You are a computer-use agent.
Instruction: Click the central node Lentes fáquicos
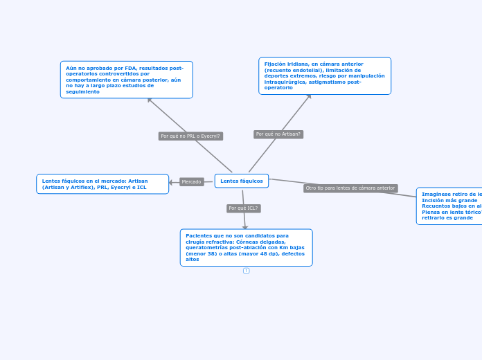(x=242, y=181)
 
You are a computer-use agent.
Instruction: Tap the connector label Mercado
(x=191, y=182)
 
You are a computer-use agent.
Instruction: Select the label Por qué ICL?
(x=243, y=208)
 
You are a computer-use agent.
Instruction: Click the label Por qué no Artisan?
(x=278, y=134)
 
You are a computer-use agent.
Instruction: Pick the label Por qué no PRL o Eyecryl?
(x=190, y=136)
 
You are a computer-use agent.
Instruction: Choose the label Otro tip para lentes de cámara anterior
(x=350, y=188)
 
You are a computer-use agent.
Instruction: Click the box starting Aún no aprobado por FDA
(x=126, y=80)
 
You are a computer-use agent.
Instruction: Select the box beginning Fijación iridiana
(x=325, y=75)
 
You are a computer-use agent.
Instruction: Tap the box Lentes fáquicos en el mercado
(x=102, y=184)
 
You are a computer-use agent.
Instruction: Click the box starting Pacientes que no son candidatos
(x=246, y=247)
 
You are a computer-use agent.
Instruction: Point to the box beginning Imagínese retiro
(x=450, y=206)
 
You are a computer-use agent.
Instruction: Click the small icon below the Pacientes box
(x=246, y=271)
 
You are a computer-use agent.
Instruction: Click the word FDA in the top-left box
(x=130, y=69)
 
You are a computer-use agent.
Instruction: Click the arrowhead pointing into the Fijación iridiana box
(x=309, y=97)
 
